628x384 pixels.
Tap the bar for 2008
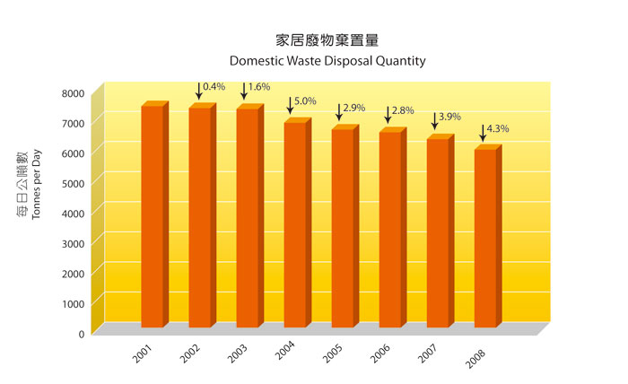coord(484,238)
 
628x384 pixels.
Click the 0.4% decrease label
coord(214,87)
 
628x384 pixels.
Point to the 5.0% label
coord(306,101)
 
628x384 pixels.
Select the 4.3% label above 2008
coord(498,129)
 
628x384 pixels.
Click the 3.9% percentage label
coord(449,117)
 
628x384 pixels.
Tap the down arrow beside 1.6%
coord(244,91)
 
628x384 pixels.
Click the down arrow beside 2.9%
coord(339,111)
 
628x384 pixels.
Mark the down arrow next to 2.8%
coord(388,114)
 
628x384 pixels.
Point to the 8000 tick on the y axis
coord(74,93)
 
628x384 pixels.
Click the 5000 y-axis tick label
coord(74,183)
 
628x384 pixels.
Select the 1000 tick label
coord(74,303)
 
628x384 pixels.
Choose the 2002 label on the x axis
coord(189,353)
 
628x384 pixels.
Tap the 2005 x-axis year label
coord(332,353)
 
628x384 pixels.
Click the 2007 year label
coord(427,353)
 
